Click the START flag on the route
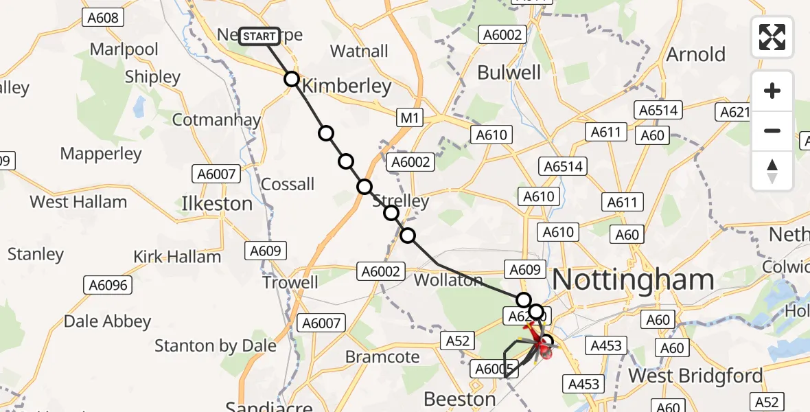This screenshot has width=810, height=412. pos(259,36)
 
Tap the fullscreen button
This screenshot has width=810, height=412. pos(772,37)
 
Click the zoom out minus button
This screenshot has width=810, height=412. pos(772,130)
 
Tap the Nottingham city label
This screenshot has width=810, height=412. pos(633,280)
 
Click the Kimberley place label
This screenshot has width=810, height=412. pos(347,86)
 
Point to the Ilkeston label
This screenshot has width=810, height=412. pos(217,204)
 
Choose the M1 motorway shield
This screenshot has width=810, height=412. pos(410,118)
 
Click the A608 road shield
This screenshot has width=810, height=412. pos(104,19)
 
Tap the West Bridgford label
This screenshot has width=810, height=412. pos(695,376)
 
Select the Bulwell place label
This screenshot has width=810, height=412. pos(509,72)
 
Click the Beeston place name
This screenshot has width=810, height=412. pos(459,399)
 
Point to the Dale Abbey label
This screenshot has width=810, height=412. pos(107,321)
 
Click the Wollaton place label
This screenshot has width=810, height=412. pos(448,280)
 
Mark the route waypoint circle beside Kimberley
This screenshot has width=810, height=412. pos(292,79)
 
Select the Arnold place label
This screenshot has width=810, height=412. pos(696,54)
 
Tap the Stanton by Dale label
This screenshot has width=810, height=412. pos(216,345)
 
